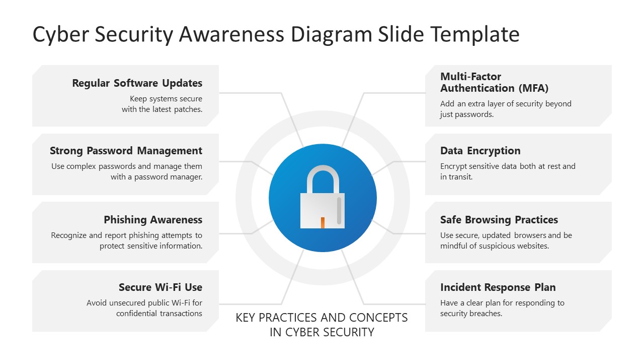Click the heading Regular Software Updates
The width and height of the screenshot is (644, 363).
[137, 83]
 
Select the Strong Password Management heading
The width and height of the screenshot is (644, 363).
[126, 151]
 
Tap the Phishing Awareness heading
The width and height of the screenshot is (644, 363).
[153, 220]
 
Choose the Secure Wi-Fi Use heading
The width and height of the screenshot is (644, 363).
[160, 287]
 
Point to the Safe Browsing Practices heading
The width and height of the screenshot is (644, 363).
[499, 220]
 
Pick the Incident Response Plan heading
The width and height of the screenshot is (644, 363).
[498, 287]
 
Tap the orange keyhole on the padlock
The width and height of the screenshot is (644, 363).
[323, 222]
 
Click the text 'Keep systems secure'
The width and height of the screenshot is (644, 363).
[166, 99]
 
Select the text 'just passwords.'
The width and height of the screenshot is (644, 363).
[466, 114]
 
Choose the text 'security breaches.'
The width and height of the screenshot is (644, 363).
[471, 314]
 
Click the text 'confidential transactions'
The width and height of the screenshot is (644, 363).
[159, 314]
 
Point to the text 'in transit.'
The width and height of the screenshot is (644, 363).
[456, 177]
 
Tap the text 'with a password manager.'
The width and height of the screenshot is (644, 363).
[156, 177]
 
